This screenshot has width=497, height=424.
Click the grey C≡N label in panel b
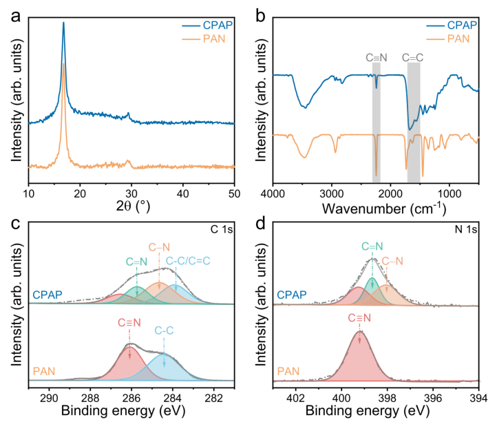[377, 58]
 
